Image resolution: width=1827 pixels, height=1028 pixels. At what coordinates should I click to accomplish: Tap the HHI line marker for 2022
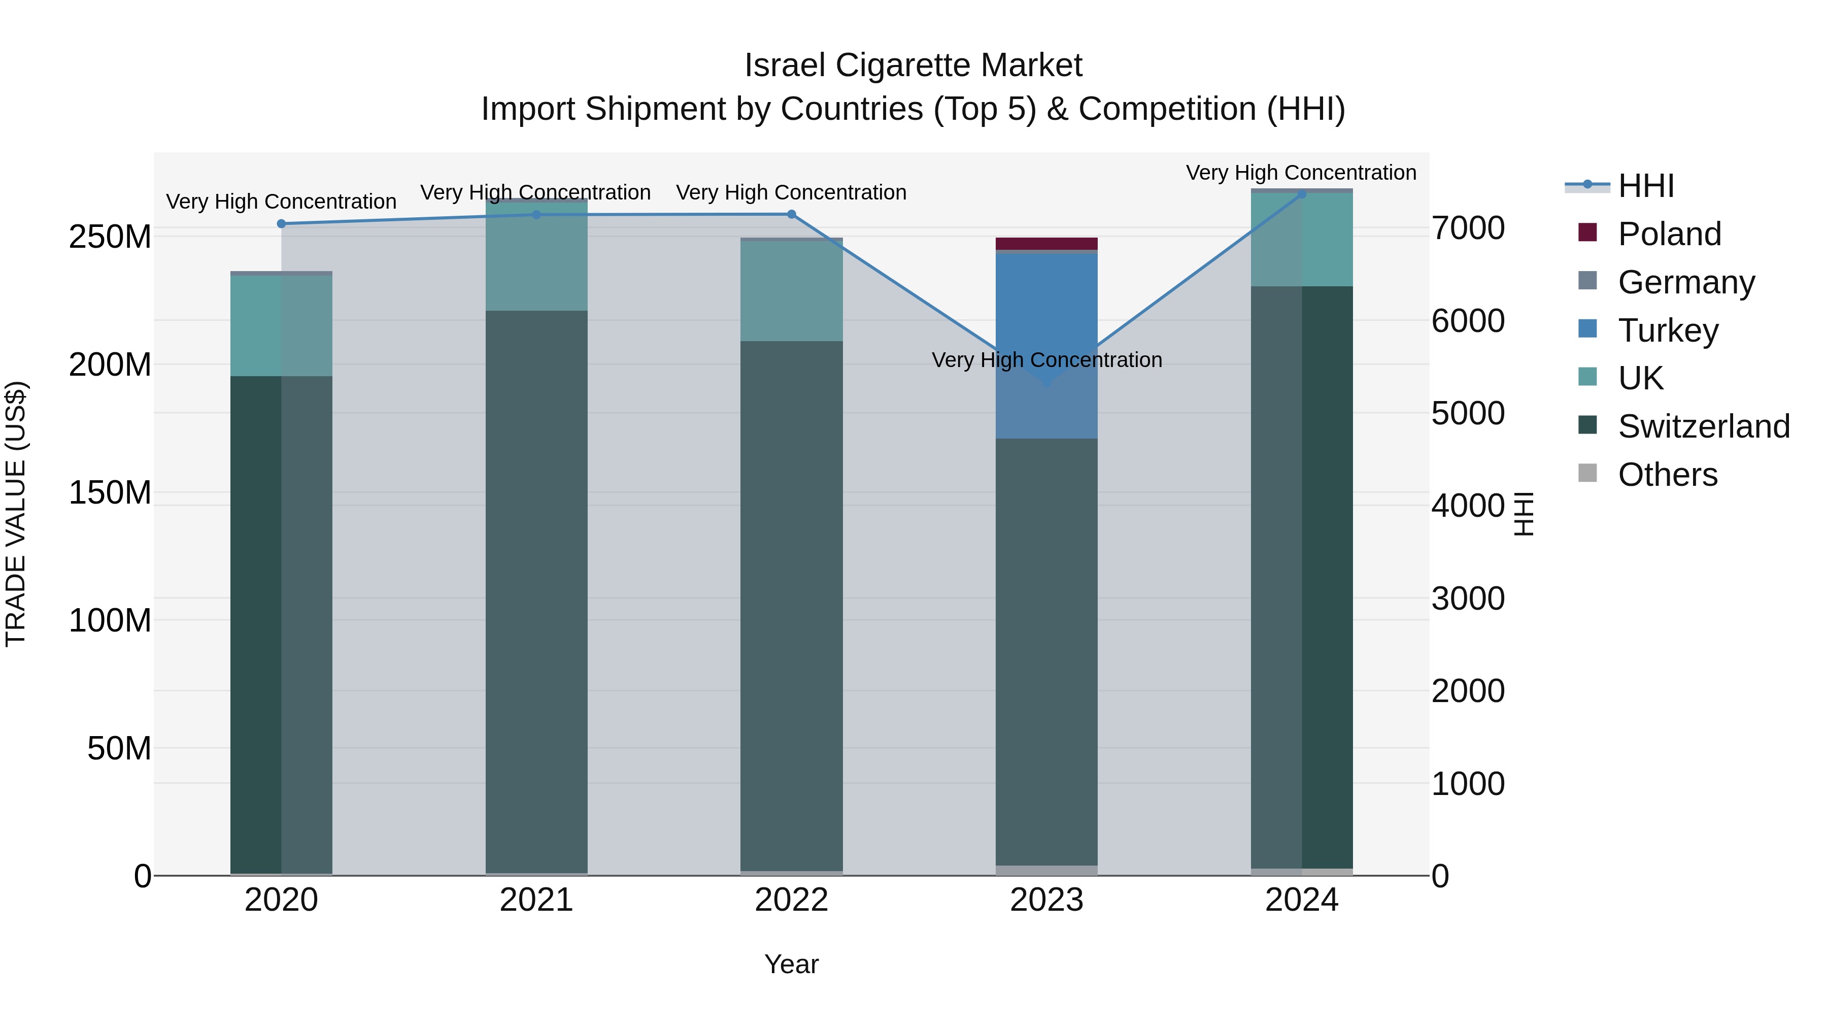pos(792,214)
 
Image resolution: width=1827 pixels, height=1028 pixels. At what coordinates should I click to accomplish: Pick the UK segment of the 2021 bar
pos(536,255)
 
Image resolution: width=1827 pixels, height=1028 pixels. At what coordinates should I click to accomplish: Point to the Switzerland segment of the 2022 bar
pos(792,603)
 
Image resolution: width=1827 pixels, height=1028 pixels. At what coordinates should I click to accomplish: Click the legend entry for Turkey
pos(1668,330)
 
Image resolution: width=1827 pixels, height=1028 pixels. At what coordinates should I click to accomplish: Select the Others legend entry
pos(1668,475)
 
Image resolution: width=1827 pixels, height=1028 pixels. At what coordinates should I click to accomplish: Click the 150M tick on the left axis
pos(110,492)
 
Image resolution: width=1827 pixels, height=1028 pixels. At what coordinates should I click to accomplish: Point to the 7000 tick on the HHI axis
pos(1467,228)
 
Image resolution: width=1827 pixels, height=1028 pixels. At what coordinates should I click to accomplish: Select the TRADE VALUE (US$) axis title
pos(16,514)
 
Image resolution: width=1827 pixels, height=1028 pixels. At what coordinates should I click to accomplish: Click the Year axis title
pos(792,964)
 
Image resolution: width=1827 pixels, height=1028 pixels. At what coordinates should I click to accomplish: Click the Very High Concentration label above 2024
pos(1301,173)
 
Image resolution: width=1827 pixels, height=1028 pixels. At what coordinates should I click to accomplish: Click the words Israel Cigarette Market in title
pos(913,65)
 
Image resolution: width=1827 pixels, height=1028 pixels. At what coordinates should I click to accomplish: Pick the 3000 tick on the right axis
pos(1467,599)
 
